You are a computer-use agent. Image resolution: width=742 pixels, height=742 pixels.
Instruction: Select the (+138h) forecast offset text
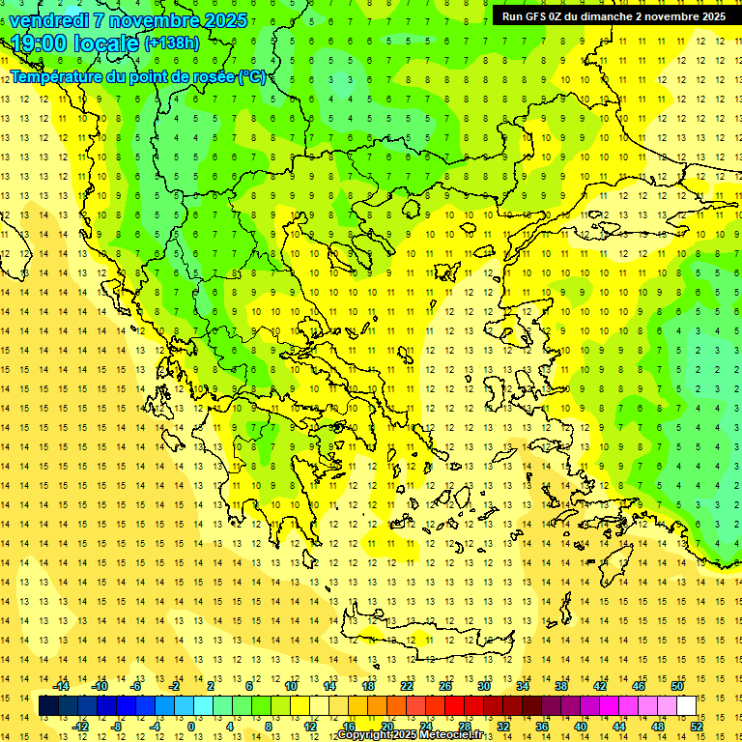(172, 43)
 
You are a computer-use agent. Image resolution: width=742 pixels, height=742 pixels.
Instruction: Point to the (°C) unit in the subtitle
(252, 76)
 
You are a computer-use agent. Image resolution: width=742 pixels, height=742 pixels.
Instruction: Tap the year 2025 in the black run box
(707, 15)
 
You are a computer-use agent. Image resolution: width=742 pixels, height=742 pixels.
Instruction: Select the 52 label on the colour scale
(697, 726)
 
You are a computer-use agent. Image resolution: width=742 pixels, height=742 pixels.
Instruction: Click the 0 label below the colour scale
(191, 726)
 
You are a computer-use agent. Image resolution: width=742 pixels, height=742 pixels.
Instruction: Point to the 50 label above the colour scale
(676, 686)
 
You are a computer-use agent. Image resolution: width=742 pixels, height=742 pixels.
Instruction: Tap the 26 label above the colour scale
(445, 686)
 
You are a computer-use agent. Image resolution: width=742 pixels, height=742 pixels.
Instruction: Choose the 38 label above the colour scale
(561, 686)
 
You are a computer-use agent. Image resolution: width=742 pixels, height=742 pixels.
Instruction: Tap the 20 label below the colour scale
(386, 726)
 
